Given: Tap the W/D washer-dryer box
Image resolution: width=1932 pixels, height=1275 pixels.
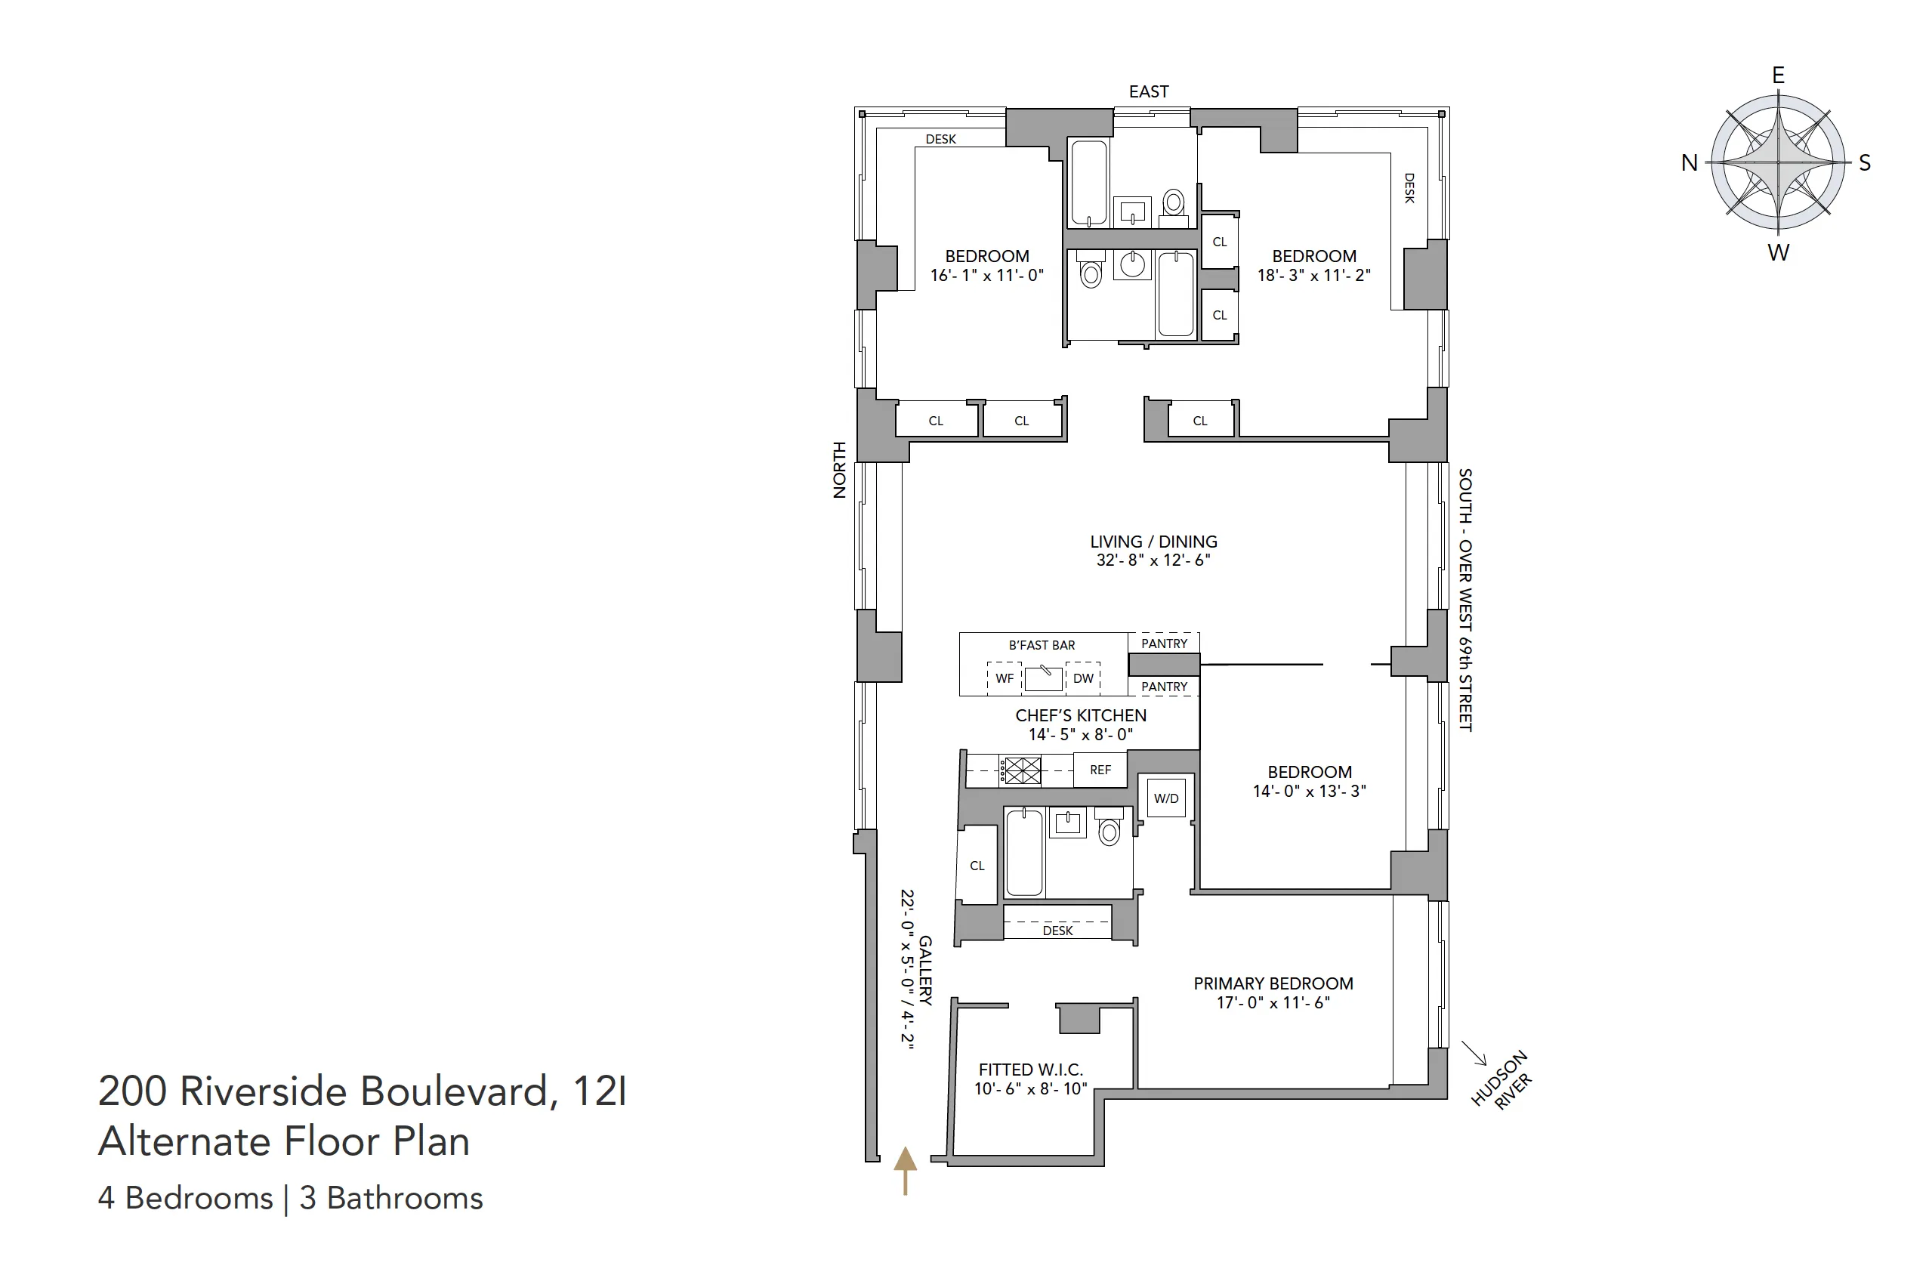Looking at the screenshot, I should tap(1166, 798).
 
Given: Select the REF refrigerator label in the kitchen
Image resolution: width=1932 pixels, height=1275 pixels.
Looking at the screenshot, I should tap(1100, 770).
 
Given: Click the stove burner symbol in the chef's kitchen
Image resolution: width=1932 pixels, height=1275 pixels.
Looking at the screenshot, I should tap(1021, 770).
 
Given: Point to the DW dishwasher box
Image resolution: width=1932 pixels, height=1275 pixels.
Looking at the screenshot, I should tap(1083, 679).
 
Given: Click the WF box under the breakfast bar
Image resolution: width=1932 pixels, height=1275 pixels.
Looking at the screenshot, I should tap(1005, 679).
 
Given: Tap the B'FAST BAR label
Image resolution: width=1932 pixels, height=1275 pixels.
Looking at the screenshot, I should tap(1042, 646).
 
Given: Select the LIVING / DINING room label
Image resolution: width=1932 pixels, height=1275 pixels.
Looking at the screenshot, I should tap(1153, 542).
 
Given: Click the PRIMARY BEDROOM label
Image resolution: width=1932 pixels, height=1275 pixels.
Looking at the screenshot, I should tap(1273, 984).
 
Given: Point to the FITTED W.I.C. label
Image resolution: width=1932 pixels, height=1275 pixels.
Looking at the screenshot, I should tap(1030, 1070).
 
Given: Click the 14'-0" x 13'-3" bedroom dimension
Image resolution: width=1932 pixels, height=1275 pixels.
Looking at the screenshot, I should tap(1309, 791).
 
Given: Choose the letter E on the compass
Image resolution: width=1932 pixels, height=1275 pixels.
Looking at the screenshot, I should tap(1779, 76).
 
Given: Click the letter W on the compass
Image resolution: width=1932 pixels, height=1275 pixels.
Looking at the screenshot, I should tap(1779, 253).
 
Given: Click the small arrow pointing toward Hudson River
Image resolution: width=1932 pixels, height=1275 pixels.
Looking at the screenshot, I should tap(1474, 1053).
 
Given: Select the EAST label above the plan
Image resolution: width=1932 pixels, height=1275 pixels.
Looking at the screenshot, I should tap(1148, 92).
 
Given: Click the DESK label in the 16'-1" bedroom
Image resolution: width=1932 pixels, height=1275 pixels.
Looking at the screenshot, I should tap(941, 139).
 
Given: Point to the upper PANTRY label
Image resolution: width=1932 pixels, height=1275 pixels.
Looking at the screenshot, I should tap(1165, 644).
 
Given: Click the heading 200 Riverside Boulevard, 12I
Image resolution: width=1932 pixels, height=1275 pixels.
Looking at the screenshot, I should tap(363, 1091).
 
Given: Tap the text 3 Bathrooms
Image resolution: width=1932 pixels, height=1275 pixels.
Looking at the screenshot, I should tap(391, 1199).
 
